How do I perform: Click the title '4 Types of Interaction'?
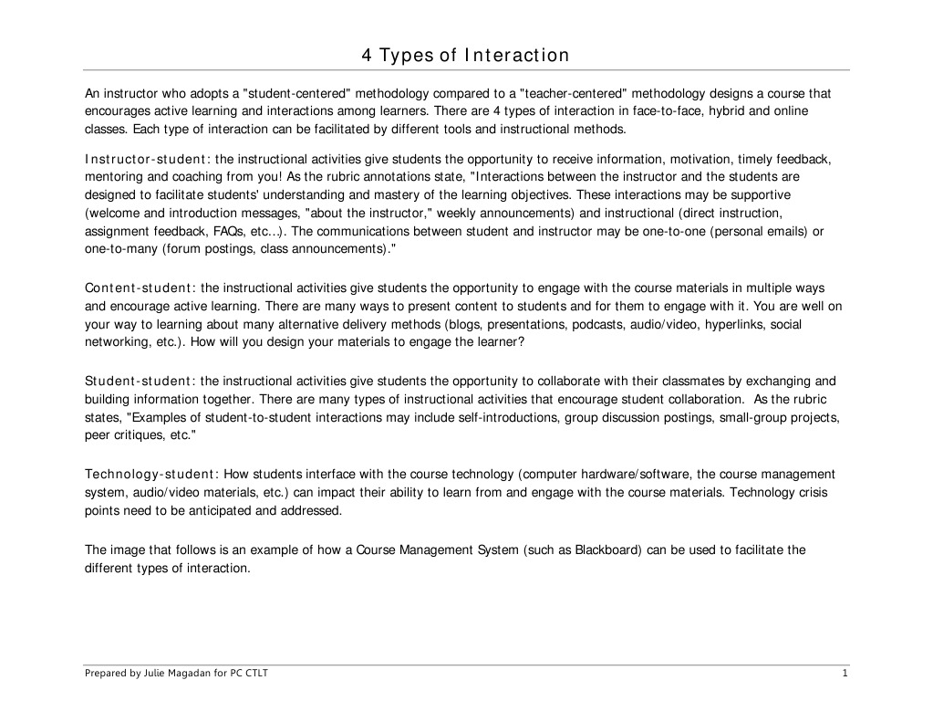click(x=465, y=56)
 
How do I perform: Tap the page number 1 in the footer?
click(x=845, y=674)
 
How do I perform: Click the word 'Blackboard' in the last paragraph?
click(x=607, y=549)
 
